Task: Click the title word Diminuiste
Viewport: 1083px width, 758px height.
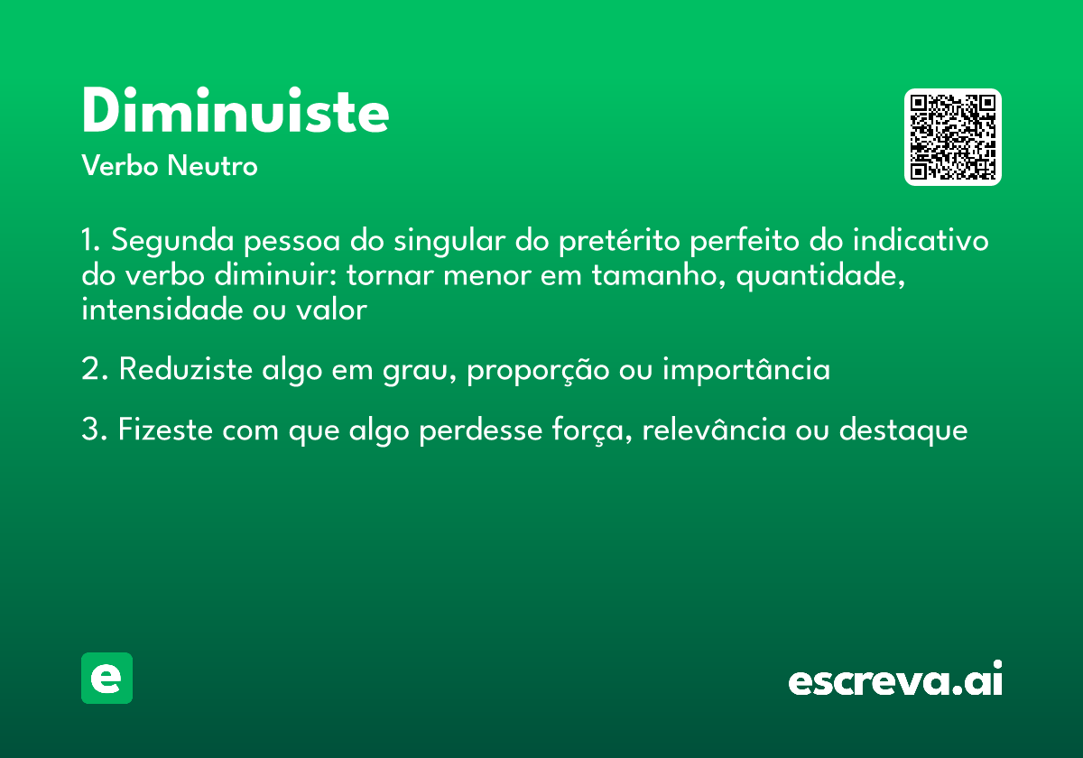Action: click(x=236, y=112)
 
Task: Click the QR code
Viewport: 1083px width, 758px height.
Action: click(x=952, y=137)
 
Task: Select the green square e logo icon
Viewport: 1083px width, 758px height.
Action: click(x=106, y=678)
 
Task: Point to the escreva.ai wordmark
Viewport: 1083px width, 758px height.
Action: click(x=895, y=679)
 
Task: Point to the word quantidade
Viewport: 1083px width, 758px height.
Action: click(x=821, y=276)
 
